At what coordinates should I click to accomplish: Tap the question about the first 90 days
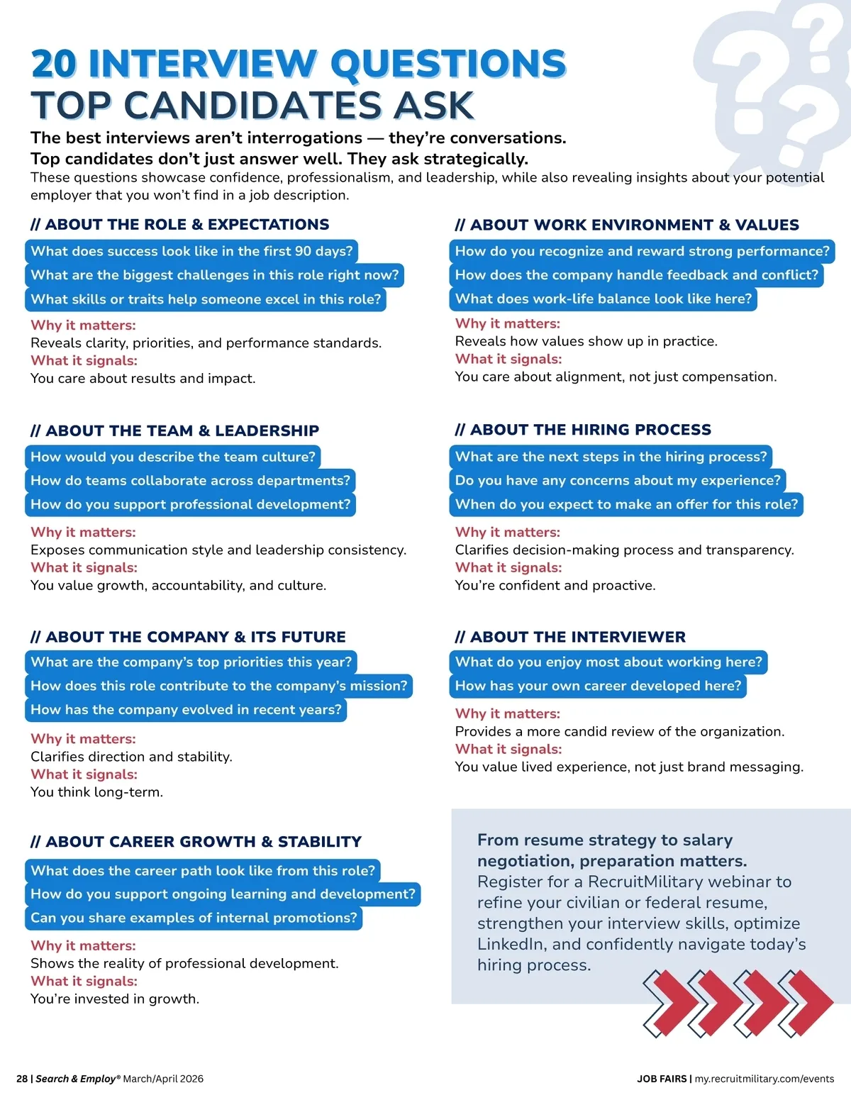(x=191, y=251)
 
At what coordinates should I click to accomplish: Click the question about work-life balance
(x=603, y=299)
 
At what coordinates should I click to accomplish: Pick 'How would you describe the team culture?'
(x=173, y=457)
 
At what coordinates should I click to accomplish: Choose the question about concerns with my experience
(x=617, y=480)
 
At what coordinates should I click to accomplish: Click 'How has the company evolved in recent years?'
(x=186, y=709)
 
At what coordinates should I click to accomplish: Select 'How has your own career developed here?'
(x=598, y=686)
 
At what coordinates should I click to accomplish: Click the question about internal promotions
(x=194, y=918)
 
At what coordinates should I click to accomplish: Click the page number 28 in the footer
(x=22, y=1079)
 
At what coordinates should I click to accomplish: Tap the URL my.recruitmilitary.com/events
(x=764, y=1079)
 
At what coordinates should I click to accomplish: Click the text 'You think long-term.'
(x=96, y=792)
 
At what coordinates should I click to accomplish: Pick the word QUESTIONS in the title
(x=448, y=64)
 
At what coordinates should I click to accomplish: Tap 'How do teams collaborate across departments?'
(x=190, y=480)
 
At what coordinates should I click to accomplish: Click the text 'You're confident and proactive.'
(x=555, y=585)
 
